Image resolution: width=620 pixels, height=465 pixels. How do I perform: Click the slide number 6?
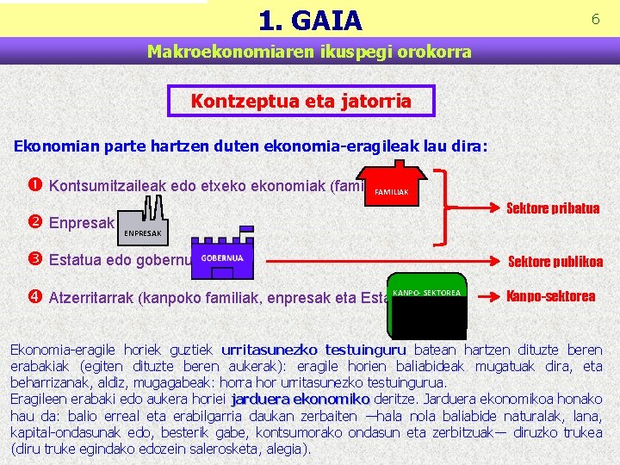(595, 19)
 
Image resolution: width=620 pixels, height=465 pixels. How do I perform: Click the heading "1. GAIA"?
(310, 19)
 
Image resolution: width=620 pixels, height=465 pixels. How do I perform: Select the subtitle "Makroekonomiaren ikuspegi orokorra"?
(309, 52)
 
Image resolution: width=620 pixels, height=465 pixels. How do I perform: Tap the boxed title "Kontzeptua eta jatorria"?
(301, 101)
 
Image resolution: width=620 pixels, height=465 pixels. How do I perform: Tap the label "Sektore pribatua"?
(553, 208)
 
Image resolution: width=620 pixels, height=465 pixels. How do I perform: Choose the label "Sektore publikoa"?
(555, 263)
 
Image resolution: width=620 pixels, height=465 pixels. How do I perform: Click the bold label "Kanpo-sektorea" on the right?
(551, 296)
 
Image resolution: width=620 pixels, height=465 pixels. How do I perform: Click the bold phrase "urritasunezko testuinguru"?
(313, 350)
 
